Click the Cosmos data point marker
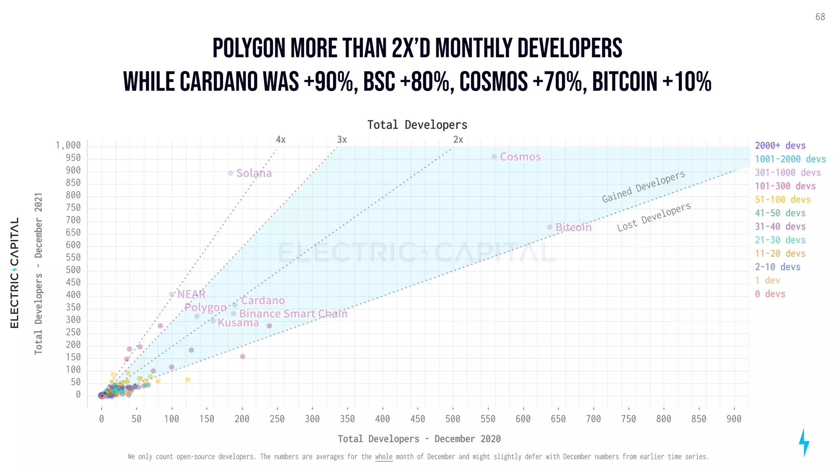(x=494, y=157)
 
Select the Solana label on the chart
(x=254, y=173)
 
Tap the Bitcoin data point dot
(x=550, y=227)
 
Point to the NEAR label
(x=191, y=294)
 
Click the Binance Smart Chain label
(x=293, y=314)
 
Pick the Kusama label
(x=238, y=323)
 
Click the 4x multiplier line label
(x=281, y=140)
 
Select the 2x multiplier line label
(x=458, y=140)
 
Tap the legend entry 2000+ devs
(x=780, y=146)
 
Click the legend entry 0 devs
(x=770, y=294)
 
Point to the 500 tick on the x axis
(x=453, y=419)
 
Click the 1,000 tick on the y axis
(x=68, y=146)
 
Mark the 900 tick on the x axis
(x=734, y=419)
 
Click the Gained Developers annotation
(x=643, y=186)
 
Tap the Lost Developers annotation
(x=654, y=217)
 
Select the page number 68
(x=820, y=17)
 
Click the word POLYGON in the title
(x=249, y=49)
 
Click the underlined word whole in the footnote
(x=384, y=457)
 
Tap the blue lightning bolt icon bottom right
(x=804, y=442)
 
